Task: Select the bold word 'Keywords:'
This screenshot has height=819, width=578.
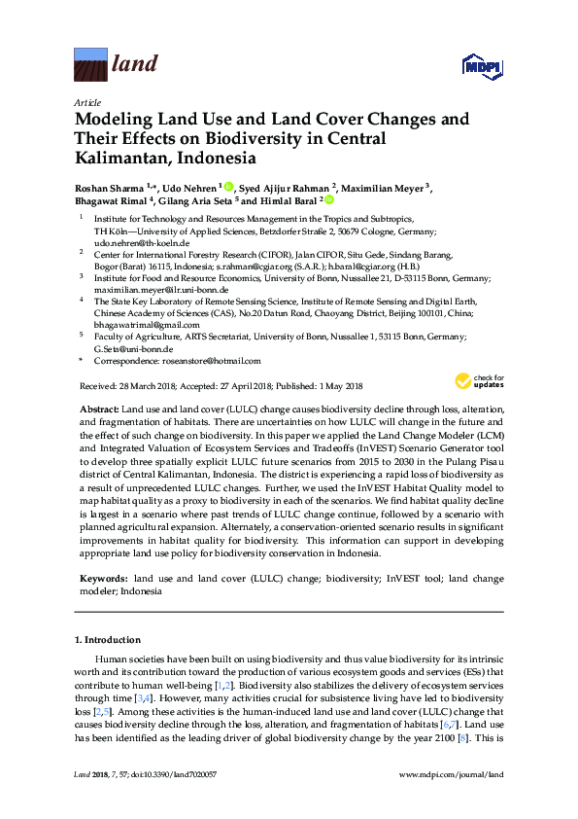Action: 104,579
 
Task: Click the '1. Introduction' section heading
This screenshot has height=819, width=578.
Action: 108,640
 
